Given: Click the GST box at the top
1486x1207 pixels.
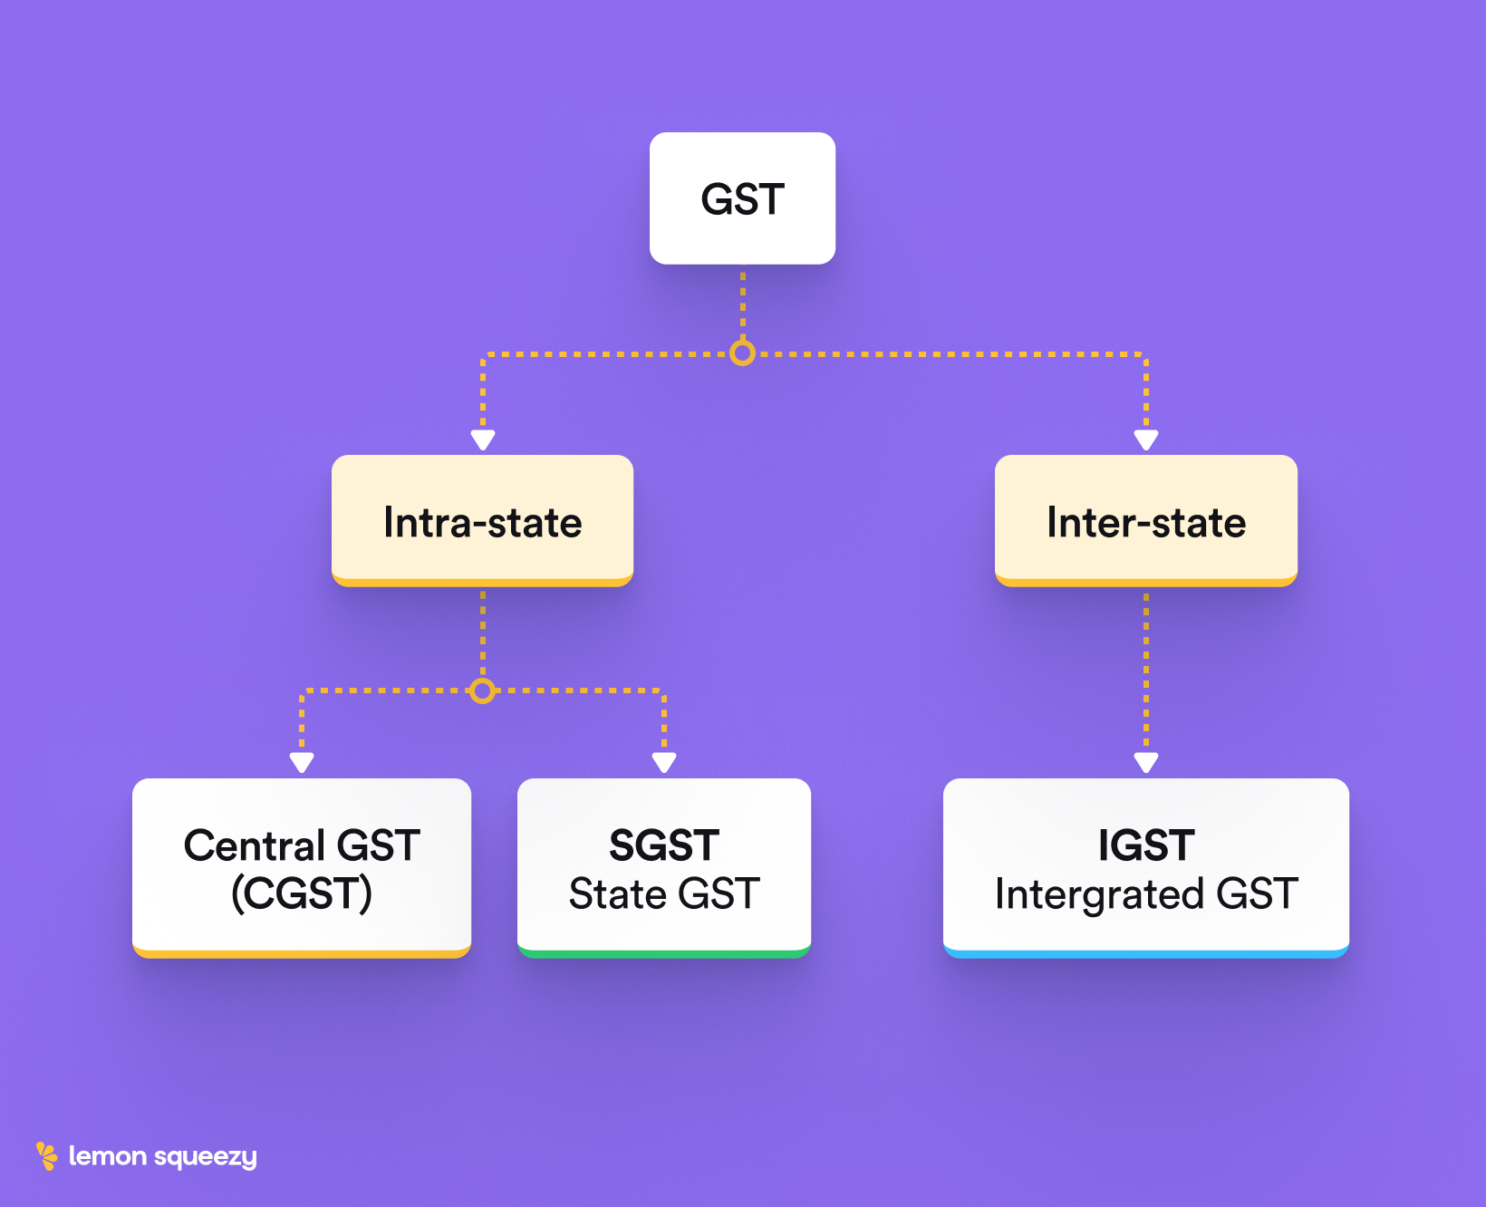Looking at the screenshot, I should (742, 198).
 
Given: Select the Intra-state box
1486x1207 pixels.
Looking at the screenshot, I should (482, 521).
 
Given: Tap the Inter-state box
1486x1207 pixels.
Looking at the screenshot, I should (1145, 521).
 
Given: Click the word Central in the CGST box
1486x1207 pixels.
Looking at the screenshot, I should (255, 845).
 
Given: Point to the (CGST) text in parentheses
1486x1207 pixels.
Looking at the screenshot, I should (302, 894).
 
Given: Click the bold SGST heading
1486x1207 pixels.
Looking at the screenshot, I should (664, 845).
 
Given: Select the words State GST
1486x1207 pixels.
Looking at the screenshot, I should (664, 894).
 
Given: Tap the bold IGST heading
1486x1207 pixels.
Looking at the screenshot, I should (1145, 845).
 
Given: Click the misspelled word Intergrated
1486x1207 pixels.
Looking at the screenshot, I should (1098, 894).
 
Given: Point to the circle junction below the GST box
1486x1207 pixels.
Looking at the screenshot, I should (742, 352).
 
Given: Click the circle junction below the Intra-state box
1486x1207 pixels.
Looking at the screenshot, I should (483, 691).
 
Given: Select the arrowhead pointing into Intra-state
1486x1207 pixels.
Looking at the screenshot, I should (483, 440).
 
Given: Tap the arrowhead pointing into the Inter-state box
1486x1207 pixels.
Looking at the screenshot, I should (1146, 440).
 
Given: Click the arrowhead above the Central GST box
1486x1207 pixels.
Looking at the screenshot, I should (302, 763).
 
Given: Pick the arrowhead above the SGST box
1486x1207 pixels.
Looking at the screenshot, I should (664, 763).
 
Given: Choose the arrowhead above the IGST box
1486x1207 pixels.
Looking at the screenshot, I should (1146, 763).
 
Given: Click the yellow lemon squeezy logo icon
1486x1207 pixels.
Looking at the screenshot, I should (46, 1155).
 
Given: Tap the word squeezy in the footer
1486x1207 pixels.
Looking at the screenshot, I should (206, 1157).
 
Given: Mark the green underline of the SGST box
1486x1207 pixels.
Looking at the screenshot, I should (664, 954).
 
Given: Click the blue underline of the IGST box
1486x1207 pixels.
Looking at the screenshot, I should (1145, 954).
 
